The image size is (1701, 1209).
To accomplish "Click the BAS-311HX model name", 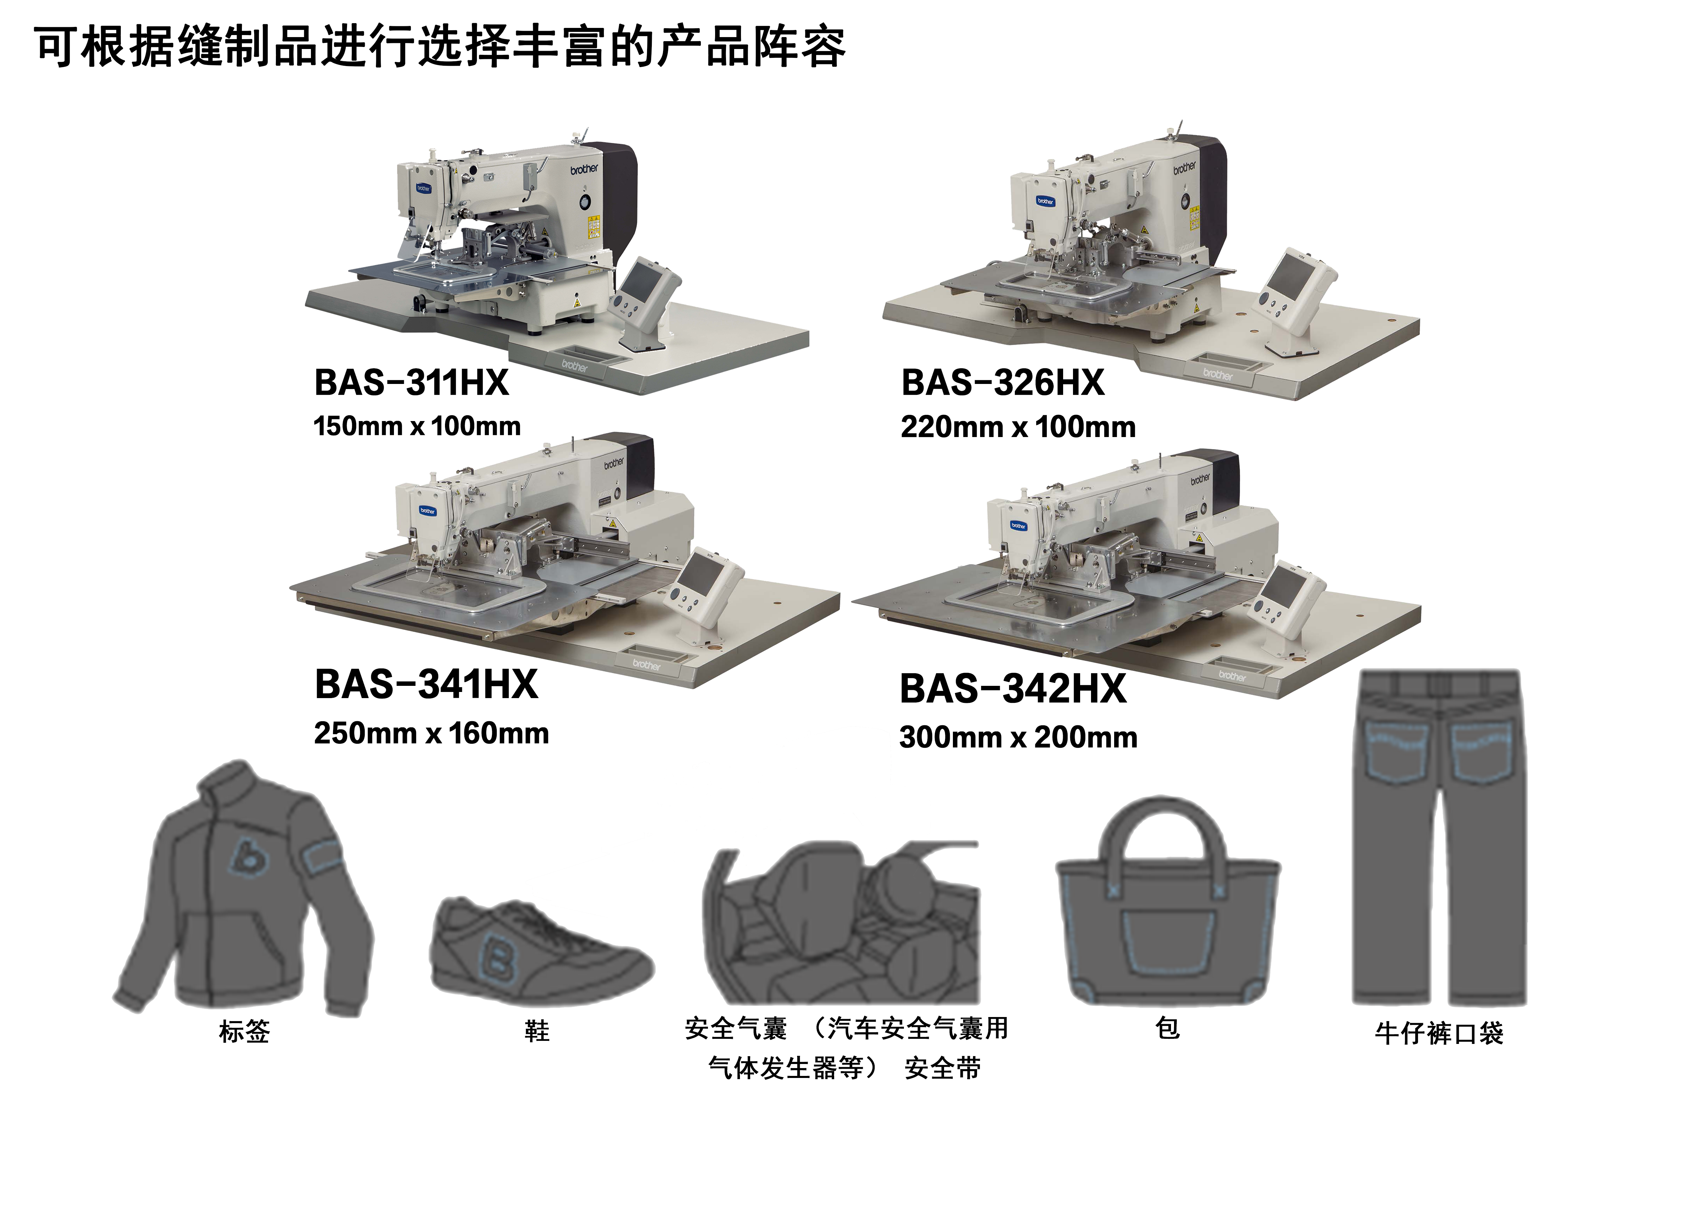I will [x=412, y=383].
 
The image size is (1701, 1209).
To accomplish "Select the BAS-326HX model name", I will [x=1002, y=383].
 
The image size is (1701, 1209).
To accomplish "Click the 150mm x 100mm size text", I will [x=417, y=426].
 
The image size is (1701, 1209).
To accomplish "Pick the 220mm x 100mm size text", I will [x=1018, y=427].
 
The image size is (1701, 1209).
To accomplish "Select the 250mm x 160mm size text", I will [x=432, y=733].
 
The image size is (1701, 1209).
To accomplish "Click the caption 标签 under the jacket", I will [x=244, y=1031].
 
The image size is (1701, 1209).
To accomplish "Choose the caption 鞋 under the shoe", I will [x=536, y=1031].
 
